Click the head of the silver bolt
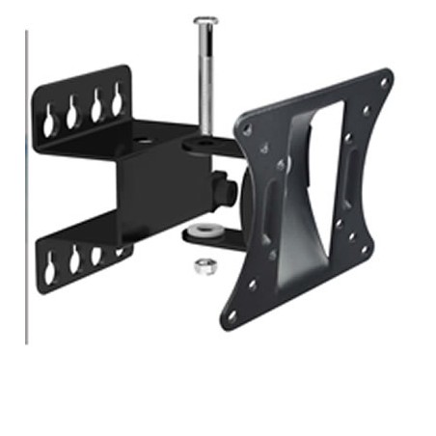click(x=205, y=20)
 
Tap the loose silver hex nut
click(x=203, y=266)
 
